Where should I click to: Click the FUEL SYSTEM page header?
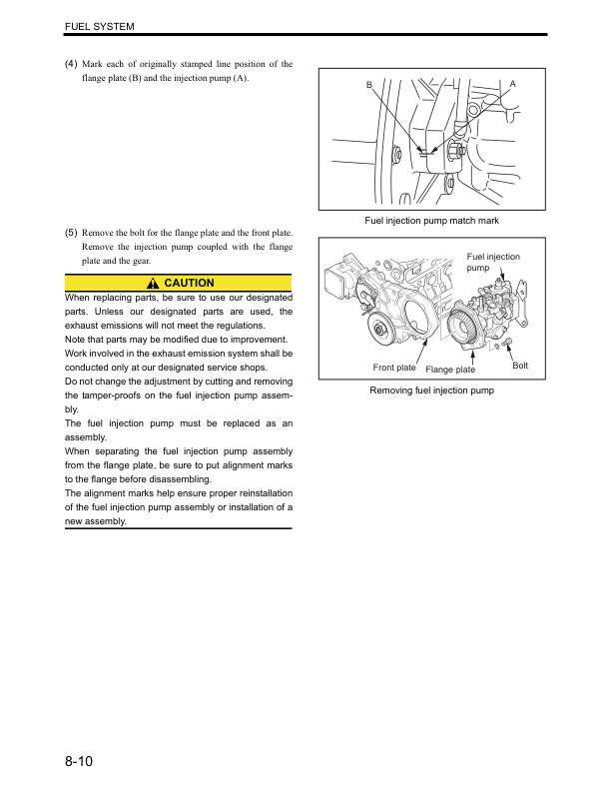pos(99,24)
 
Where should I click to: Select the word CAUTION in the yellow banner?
pos(189,284)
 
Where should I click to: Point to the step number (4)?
pos(71,65)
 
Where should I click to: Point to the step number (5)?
pos(71,233)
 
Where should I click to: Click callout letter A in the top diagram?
pos(512,83)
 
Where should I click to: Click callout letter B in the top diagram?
pos(368,86)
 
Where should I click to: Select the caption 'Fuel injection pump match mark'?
pos(431,220)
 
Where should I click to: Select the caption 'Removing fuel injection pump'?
pos(431,391)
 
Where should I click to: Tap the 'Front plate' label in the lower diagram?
pos(394,368)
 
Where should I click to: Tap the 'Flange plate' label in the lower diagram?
pos(450,370)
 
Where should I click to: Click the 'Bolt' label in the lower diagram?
pos(520,367)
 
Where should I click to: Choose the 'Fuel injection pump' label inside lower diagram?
pos(492,263)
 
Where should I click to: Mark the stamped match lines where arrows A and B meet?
pos(425,153)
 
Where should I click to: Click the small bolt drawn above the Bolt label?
pos(510,343)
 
